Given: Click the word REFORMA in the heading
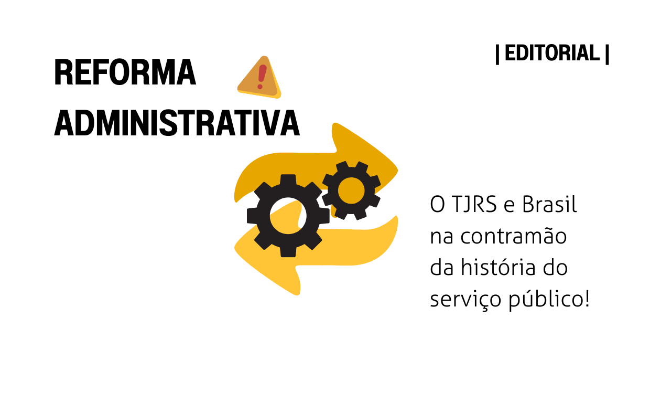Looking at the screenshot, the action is coord(125,72).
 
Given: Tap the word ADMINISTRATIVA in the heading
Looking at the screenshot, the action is coord(177,123).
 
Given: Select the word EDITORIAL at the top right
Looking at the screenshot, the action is coord(552,53).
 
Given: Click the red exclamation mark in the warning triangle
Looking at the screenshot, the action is coord(262,77).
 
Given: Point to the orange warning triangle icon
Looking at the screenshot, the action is coord(259,77).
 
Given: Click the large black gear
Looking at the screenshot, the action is coord(288,216).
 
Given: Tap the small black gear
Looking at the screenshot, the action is coord(351,190).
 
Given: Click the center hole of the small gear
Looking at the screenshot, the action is coord(351,190).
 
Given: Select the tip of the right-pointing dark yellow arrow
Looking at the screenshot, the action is coord(397,170).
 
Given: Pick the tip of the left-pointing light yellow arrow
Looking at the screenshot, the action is coord(235,249).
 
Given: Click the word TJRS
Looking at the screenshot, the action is coord(474,204).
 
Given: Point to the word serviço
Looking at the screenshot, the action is coord(465,299).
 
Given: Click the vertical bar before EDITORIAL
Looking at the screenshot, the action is coord(497,55).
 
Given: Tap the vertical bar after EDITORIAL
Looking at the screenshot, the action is coord(607,55).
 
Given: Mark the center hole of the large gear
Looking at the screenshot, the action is coord(288,216).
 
